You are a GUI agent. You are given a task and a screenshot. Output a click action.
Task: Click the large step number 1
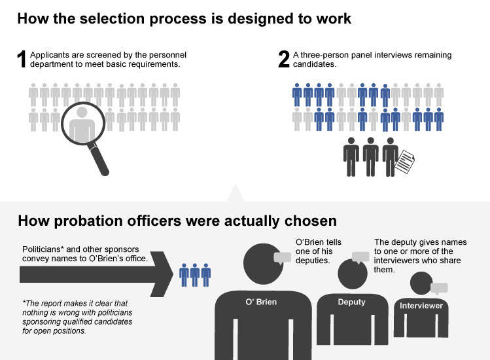(22, 60)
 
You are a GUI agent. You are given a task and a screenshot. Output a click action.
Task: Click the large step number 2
(284, 60)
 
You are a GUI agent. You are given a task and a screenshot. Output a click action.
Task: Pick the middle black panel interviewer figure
(372, 156)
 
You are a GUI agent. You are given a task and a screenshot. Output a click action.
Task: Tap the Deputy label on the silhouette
(351, 302)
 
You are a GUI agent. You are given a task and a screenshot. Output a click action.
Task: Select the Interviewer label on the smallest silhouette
(421, 306)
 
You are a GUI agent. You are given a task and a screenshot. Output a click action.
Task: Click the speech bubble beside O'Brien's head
(282, 258)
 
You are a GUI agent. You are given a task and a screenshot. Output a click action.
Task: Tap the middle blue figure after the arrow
(196, 274)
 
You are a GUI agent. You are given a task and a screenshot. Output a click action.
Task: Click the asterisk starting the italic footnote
(24, 302)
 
